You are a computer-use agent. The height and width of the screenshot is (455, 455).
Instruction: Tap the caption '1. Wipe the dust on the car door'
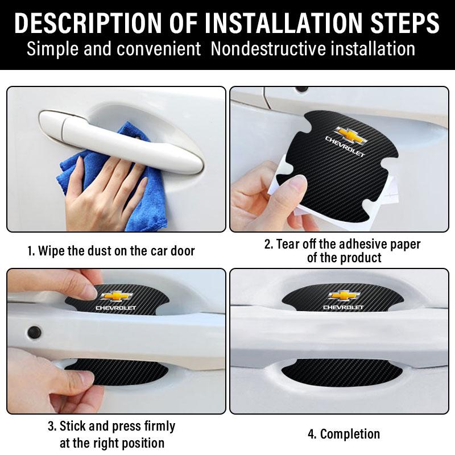(111, 251)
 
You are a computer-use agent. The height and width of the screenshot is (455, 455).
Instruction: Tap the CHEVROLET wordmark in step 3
(116, 308)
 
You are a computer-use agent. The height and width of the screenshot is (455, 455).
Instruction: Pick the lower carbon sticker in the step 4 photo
(341, 373)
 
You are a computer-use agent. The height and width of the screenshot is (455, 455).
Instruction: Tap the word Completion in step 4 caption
(350, 434)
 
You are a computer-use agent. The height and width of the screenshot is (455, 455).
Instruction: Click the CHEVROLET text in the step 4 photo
(343, 308)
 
